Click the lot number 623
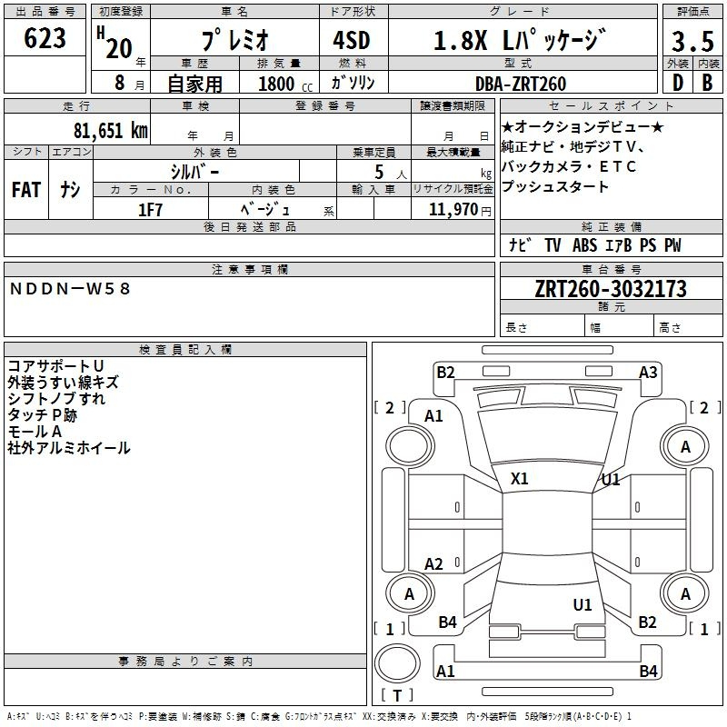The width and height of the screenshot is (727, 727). click(45, 38)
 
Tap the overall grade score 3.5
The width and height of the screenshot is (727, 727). click(692, 41)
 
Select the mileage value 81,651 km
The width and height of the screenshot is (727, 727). click(110, 131)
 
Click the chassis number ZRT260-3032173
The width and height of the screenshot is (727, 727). click(611, 288)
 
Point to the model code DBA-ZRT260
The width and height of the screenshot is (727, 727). click(521, 84)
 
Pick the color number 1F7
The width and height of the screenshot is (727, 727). click(150, 210)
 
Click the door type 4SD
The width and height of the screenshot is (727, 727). click(352, 40)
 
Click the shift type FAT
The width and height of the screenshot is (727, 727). click(26, 190)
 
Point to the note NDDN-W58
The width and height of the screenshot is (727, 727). click(70, 289)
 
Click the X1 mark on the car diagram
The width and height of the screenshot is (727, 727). click(519, 479)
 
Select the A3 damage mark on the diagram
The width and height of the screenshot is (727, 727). click(648, 373)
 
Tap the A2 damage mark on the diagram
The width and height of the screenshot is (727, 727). click(433, 564)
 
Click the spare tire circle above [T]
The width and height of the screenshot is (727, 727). click(397, 663)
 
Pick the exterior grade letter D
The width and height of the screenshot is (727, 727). click(678, 83)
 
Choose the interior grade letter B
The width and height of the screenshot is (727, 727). click(707, 83)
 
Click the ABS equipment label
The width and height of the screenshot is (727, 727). click(584, 244)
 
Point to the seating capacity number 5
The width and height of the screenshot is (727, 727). click(379, 172)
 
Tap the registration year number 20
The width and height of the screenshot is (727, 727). click(119, 49)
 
